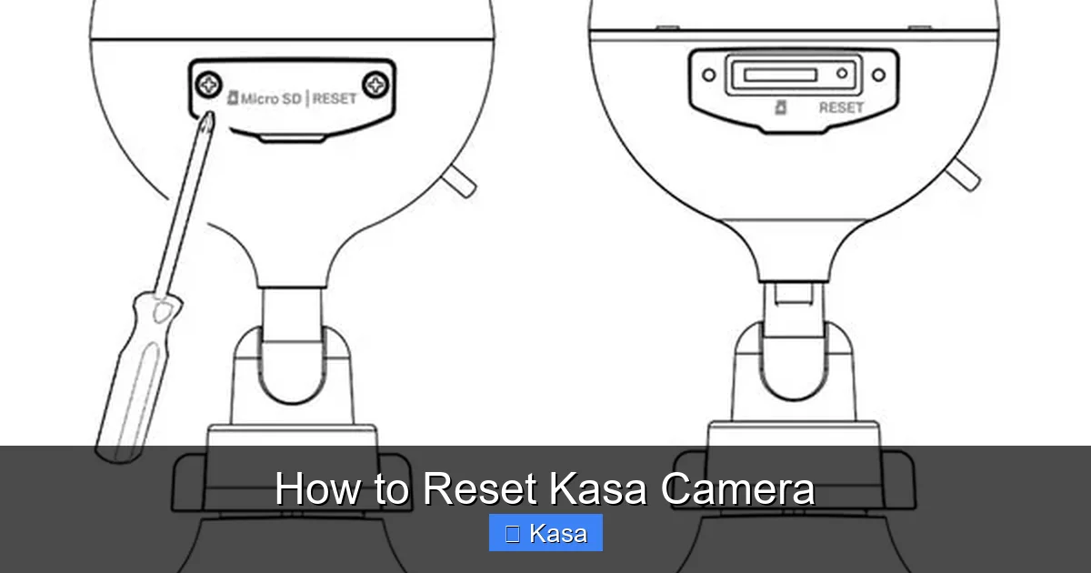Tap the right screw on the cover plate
pos(375,85)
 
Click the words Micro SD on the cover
pos(272,98)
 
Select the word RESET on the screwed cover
pos(335,98)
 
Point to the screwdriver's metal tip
pos(207,122)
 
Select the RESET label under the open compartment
pos(841,107)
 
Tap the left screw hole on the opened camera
pos(709,75)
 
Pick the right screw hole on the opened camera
pos(878,75)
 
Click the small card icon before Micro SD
pos(232,98)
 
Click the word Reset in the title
pos(479,488)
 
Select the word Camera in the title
pos(737,488)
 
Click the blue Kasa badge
pos(545,533)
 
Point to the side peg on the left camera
pos(462,181)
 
